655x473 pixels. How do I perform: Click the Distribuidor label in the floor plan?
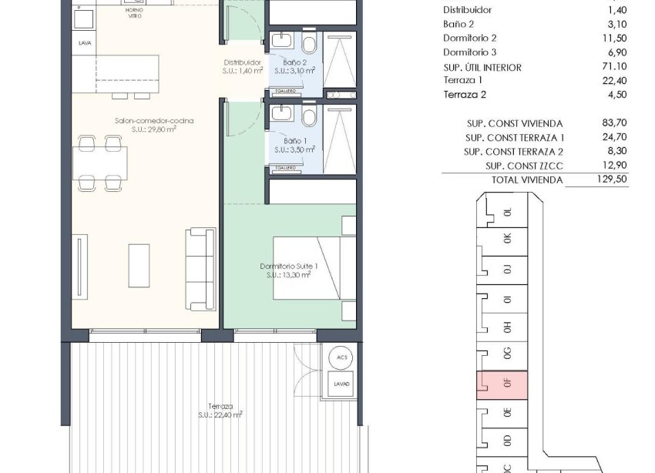[243, 62]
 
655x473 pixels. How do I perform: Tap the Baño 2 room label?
[295, 62]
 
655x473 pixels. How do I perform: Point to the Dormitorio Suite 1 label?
[288, 266]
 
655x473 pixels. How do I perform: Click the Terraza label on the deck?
[220, 406]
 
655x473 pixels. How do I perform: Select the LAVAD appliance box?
[341, 383]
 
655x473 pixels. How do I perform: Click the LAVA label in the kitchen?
[85, 43]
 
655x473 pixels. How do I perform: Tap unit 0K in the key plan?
[506, 239]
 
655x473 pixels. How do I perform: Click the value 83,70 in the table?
[614, 122]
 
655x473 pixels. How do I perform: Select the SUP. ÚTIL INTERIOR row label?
[482, 67]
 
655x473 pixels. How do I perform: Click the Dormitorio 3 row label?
[470, 52]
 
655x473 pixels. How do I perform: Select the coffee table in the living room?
[139, 265]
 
